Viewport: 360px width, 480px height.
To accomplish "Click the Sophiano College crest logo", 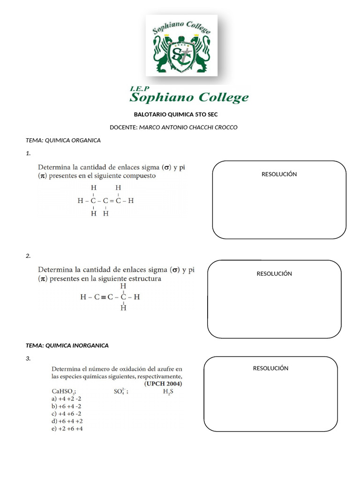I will [181, 45].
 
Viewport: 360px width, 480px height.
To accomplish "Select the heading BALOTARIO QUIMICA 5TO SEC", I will [176, 114].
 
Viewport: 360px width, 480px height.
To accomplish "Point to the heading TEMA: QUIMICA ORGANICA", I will [63, 140].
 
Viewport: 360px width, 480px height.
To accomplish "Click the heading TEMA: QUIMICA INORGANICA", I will [67, 345].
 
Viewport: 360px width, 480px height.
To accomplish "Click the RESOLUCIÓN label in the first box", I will [279, 174].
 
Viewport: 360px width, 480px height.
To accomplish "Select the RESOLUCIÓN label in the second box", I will [274, 273].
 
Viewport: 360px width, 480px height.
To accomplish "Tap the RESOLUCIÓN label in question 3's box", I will [270, 368].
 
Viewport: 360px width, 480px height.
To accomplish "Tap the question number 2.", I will [28, 256].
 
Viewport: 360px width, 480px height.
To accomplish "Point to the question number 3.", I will [28, 359].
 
